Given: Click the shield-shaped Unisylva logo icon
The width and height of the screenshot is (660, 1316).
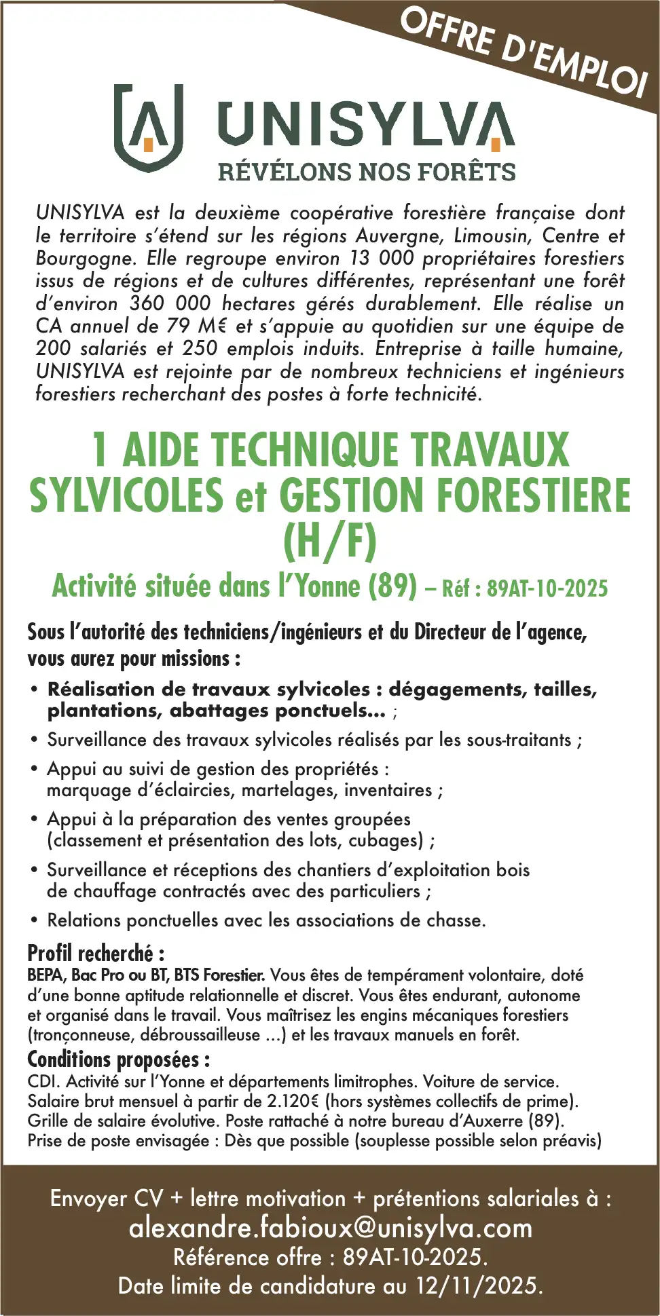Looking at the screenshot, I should tap(149, 127).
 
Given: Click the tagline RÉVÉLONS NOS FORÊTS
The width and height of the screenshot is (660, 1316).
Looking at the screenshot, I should tap(367, 172).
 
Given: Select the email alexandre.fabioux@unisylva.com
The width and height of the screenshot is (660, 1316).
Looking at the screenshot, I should tap(331, 1228).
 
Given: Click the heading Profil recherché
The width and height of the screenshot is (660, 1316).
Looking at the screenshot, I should tap(96, 954).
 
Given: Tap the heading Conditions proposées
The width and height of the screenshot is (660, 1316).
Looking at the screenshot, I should tap(118, 1059).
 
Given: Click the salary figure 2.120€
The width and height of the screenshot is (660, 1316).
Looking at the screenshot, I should tap(292, 1101).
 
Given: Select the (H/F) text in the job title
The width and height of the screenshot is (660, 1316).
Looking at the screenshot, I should tap(330, 540).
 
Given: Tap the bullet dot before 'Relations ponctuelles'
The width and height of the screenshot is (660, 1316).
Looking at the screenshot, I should tap(34, 921).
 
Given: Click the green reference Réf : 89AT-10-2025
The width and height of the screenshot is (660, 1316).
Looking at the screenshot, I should tap(525, 588).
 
